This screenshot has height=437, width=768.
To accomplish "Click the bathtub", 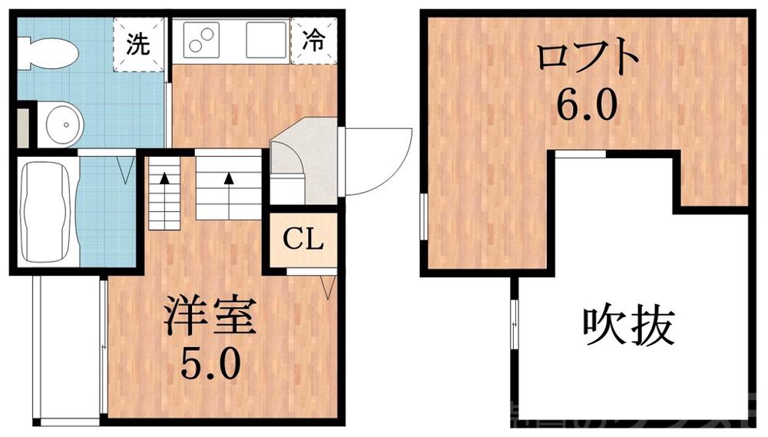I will pos(45,212).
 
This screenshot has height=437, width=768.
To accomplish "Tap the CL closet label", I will pos(302,240).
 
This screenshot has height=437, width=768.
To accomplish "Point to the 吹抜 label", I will pos(627,327).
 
